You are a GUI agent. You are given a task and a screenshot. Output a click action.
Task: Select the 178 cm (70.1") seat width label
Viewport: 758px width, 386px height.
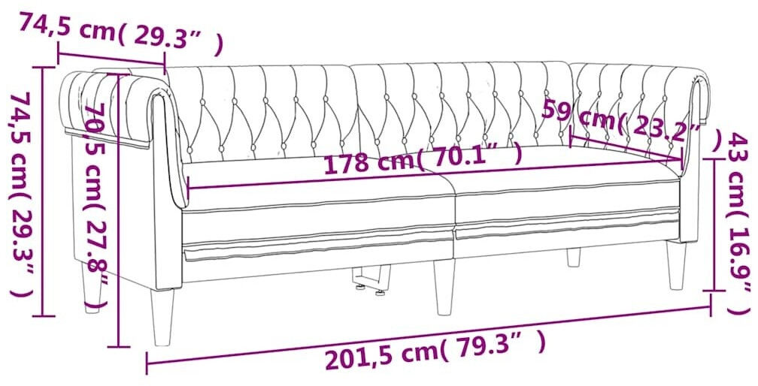[x=423, y=158]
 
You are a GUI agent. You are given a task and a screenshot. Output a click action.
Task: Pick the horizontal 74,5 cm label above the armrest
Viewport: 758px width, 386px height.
[x=121, y=33]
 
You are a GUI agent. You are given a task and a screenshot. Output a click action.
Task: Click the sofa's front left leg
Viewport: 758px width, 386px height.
[x=163, y=316]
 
